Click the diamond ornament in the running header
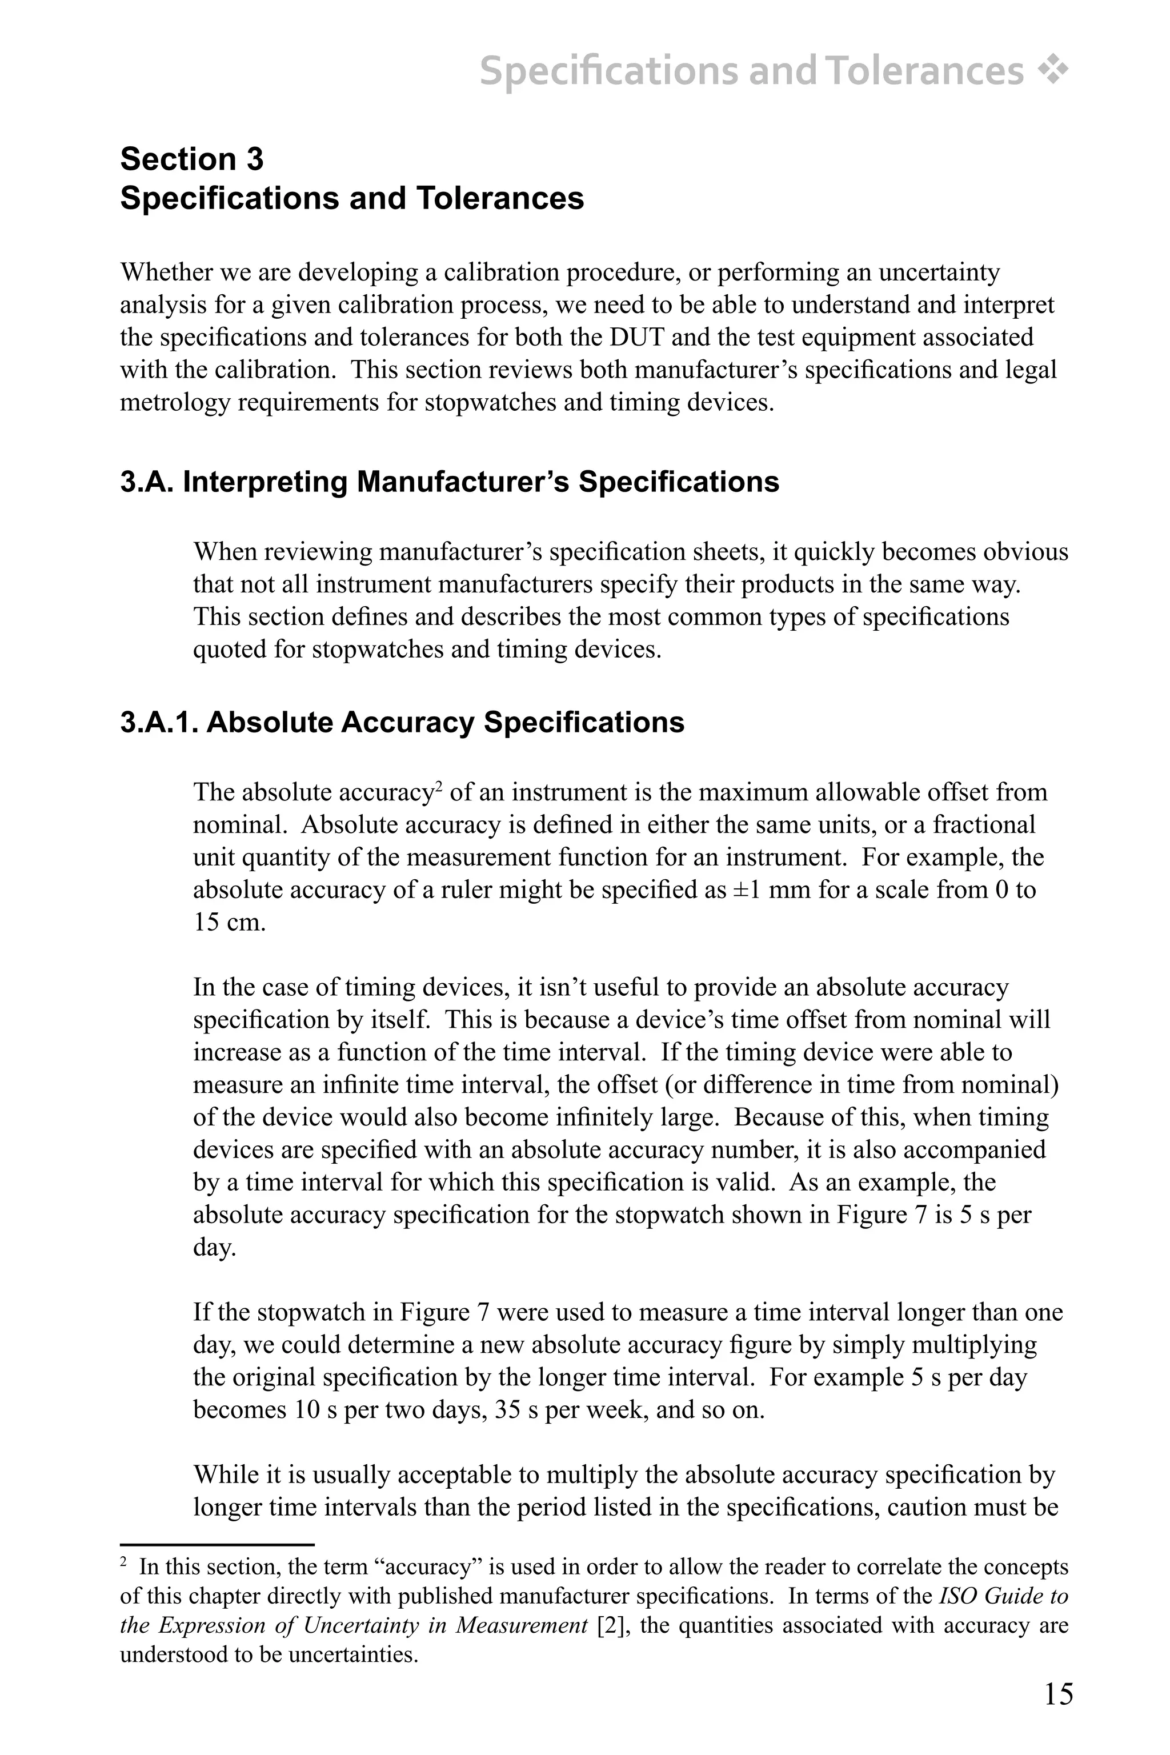[1053, 71]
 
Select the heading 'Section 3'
[192, 160]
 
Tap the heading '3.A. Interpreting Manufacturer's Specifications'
[449, 482]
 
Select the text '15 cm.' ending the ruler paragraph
[229, 922]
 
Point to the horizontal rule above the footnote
[217, 1545]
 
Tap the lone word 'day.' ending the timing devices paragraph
[214, 1247]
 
